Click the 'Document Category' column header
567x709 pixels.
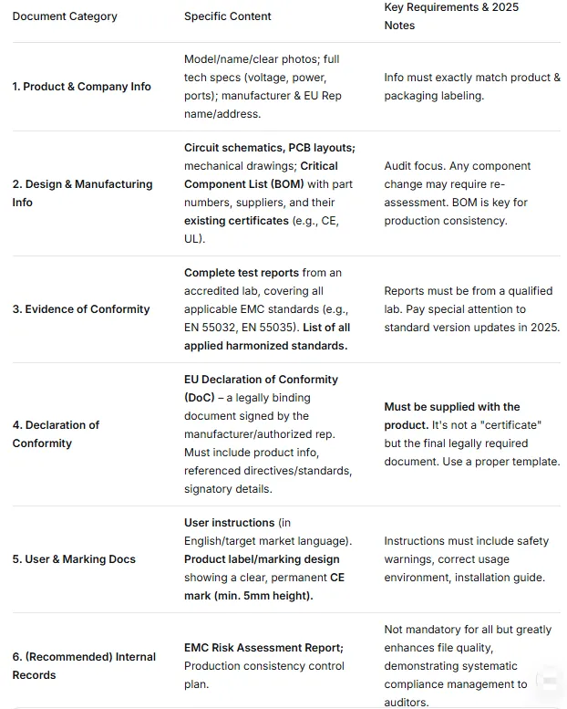click(65, 16)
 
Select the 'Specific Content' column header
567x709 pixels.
click(228, 16)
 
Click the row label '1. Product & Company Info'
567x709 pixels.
click(82, 87)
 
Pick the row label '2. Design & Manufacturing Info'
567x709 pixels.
click(82, 193)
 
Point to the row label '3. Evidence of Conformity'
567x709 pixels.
click(81, 309)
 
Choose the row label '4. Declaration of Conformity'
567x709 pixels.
click(57, 433)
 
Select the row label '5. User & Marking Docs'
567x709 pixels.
click(74, 559)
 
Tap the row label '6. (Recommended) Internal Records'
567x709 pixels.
click(84, 665)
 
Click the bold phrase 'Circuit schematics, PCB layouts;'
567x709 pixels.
click(270, 148)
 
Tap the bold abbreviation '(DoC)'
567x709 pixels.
click(200, 398)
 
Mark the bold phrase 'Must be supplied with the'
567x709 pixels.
click(452, 407)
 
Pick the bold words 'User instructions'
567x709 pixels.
click(230, 523)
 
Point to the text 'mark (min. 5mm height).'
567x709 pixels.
click(249, 596)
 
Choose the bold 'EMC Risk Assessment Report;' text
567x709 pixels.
click(263, 648)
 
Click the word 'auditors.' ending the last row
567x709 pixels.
click(407, 702)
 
